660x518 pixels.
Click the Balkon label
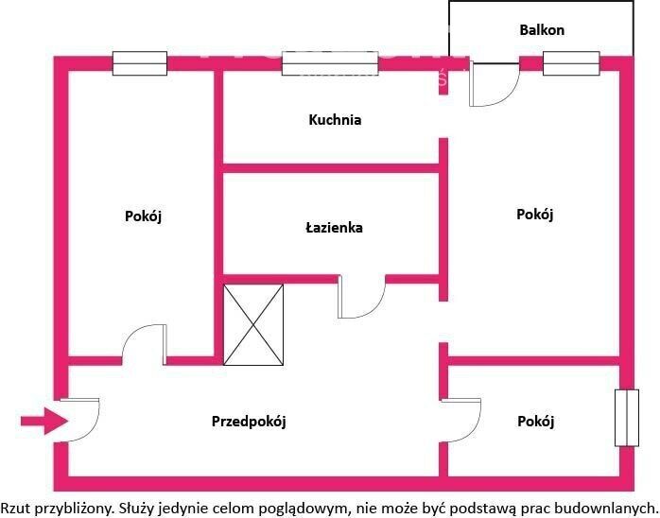(x=542, y=30)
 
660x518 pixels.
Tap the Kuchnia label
(x=335, y=120)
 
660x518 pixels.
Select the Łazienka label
(x=334, y=228)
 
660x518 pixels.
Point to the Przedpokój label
(x=249, y=422)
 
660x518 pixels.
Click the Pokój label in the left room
(x=143, y=216)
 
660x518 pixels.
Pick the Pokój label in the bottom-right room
(x=535, y=422)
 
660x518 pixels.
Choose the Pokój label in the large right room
(x=534, y=215)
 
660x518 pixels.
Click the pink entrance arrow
(x=44, y=421)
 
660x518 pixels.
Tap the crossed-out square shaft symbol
(x=253, y=325)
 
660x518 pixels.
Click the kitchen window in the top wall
(x=330, y=63)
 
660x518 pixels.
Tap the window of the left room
(x=140, y=63)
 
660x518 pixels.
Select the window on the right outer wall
(x=627, y=418)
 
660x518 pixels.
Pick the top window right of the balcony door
(x=571, y=63)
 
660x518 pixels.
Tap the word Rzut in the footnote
(x=15, y=508)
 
